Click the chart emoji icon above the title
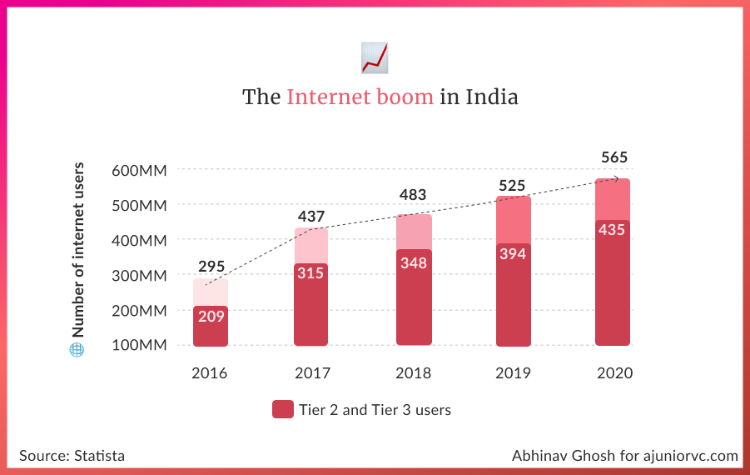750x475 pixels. click(x=375, y=57)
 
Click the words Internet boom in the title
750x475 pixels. click(x=360, y=97)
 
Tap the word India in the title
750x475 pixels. click(x=491, y=97)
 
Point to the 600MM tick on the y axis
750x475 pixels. click(x=140, y=170)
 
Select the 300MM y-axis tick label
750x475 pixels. click(x=140, y=275)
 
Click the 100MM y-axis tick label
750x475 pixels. click(x=140, y=345)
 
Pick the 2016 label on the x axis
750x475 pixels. click(x=210, y=373)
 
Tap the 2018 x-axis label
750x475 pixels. click(x=414, y=373)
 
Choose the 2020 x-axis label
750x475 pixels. click(x=614, y=373)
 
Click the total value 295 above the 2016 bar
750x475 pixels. click(x=211, y=267)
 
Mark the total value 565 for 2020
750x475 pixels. click(x=614, y=157)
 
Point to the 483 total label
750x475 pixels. click(x=413, y=195)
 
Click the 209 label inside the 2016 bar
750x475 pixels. click(x=211, y=317)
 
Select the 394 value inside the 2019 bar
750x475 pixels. click(x=513, y=254)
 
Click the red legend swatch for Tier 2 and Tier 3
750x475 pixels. click(x=283, y=410)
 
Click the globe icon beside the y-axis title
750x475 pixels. click(x=77, y=350)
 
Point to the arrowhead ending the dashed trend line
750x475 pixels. click(x=617, y=177)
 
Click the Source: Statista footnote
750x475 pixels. click(x=72, y=456)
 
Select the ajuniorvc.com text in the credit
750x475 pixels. click(x=690, y=456)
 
